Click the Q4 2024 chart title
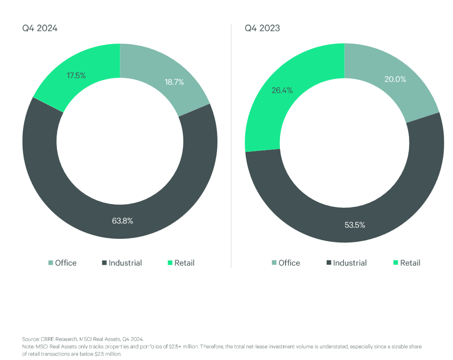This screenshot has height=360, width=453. tap(40, 28)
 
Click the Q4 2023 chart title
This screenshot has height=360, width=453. tap(262, 28)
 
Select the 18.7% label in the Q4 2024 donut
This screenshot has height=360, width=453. tap(174, 82)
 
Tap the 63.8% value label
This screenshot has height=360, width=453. tap(123, 221)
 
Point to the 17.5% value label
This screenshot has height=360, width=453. tap(76, 75)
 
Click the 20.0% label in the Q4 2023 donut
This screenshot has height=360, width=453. tap(395, 79)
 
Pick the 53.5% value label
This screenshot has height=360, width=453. tap(354, 225)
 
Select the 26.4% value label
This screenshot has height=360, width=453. tap(282, 90)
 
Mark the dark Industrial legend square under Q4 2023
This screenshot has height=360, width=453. tap(329, 263)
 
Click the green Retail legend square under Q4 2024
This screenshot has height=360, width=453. tap(170, 263)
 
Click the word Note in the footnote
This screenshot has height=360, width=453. tap(27, 346)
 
